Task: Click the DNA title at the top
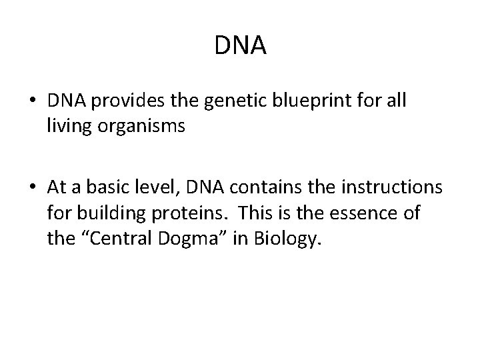(241, 45)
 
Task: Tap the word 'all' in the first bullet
(397, 101)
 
